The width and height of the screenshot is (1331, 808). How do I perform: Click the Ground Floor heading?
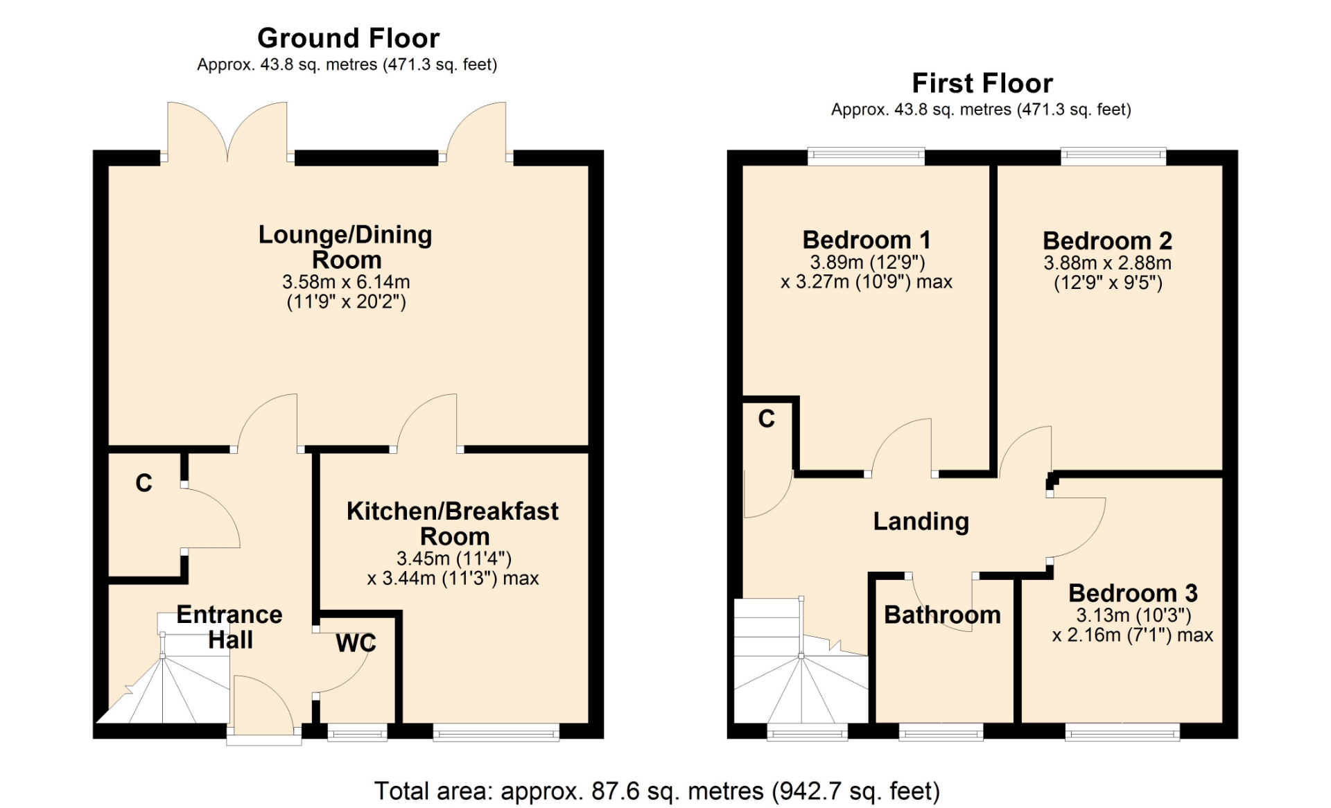click(x=348, y=38)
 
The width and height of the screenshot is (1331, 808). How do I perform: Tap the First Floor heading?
click(x=982, y=83)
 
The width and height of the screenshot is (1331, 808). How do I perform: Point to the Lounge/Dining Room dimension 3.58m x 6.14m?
click(x=346, y=282)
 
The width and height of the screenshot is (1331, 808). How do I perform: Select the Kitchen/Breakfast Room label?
click(x=453, y=524)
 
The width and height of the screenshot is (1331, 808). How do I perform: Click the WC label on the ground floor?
click(x=356, y=643)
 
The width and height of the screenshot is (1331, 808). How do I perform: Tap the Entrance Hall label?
click(x=229, y=627)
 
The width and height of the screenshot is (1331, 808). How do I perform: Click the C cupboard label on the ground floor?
click(x=143, y=483)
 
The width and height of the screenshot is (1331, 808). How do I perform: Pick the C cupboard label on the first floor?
click(x=766, y=419)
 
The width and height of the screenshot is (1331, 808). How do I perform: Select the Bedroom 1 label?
click(x=867, y=240)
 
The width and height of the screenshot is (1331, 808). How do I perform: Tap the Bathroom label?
click(x=942, y=615)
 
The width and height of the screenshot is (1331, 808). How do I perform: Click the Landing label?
click(x=921, y=521)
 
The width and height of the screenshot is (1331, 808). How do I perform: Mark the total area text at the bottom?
click(x=657, y=791)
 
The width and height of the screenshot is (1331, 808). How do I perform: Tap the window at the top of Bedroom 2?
click(x=1113, y=157)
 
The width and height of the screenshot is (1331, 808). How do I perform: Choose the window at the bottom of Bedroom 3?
click(x=1122, y=732)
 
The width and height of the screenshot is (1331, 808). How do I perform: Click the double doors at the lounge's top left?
click(x=227, y=132)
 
